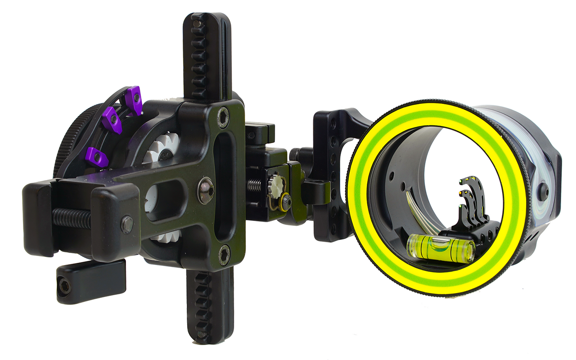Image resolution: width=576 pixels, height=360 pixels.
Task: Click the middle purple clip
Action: pos(111,120)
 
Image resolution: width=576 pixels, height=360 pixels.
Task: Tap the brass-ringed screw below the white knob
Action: pos(285,201)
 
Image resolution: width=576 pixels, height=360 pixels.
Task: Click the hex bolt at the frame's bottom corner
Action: pos(224,255)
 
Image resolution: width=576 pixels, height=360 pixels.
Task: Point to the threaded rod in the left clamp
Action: pos(72,218)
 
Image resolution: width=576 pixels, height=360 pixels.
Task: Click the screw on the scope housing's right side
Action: pos(544,191)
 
